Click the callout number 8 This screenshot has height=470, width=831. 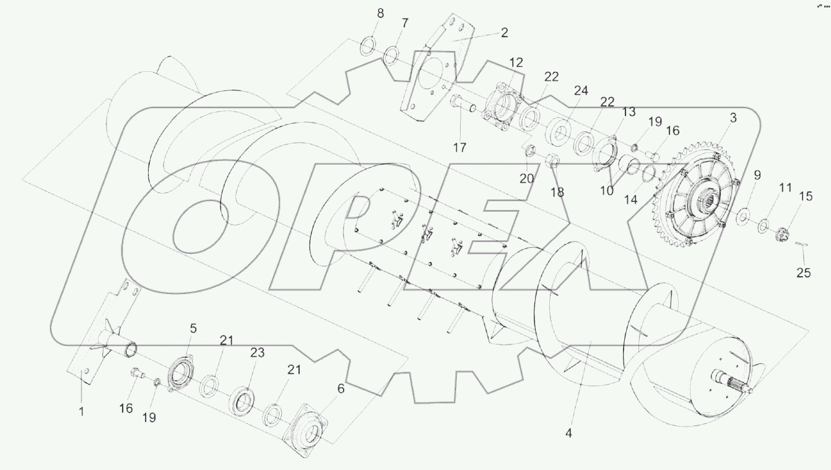click(380, 13)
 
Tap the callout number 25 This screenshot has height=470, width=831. click(803, 272)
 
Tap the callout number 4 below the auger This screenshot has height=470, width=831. click(568, 433)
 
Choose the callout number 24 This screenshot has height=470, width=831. click(580, 90)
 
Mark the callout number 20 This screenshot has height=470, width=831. click(526, 178)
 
